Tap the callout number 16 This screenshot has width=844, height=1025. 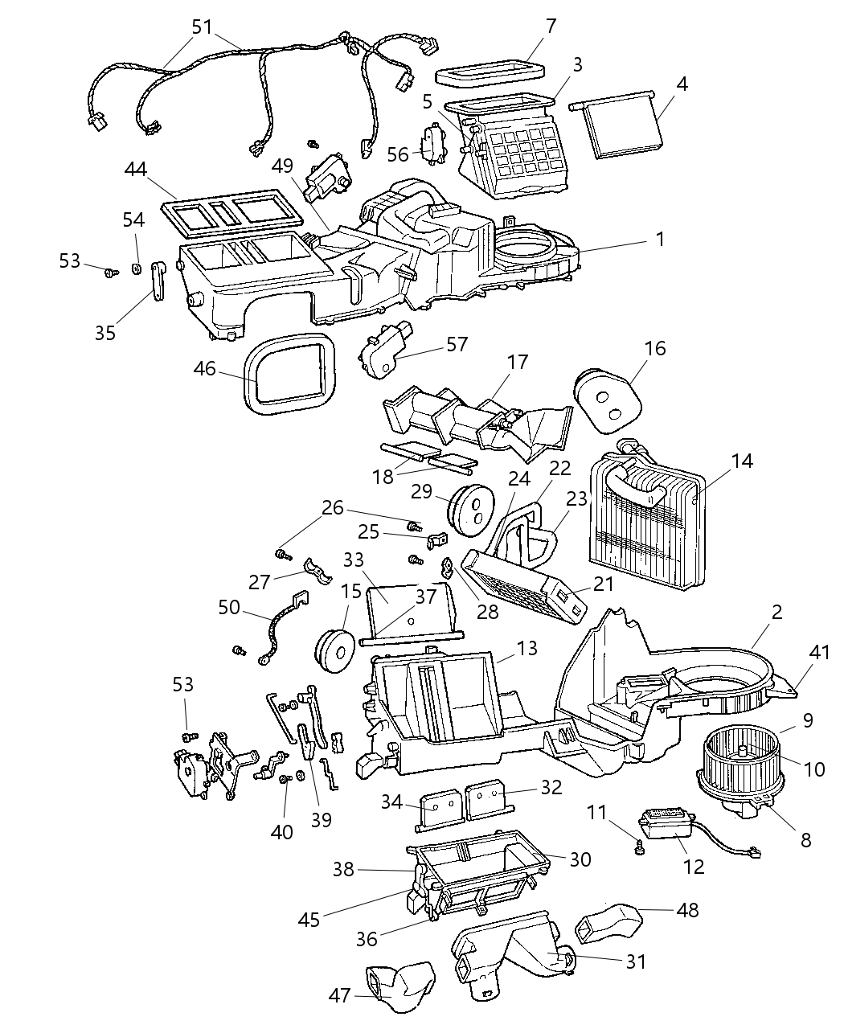(x=655, y=349)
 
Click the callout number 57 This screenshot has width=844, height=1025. (x=457, y=345)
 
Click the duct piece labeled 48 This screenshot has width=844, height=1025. (x=608, y=921)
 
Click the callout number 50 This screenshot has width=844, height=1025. (x=229, y=608)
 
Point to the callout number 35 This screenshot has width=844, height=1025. (x=105, y=333)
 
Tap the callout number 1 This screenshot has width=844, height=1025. (x=659, y=239)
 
